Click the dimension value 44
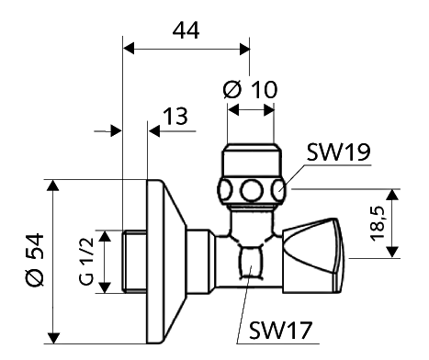[186, 30]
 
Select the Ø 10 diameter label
[251, 90]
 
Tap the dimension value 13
[175, 117]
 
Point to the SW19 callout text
[338, 152]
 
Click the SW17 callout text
[280, 330]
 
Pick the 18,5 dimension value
[377, 223]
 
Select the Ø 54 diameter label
[35, 260]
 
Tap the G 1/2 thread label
[86, 261]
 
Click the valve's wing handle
[313, 255]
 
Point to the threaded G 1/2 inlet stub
[135, 262]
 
